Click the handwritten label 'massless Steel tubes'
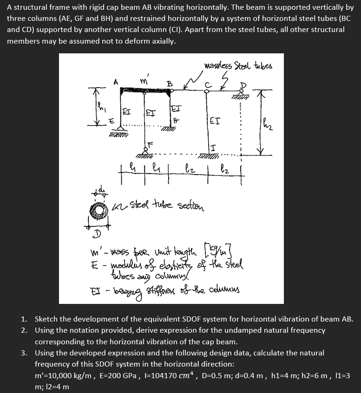[238, 65]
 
